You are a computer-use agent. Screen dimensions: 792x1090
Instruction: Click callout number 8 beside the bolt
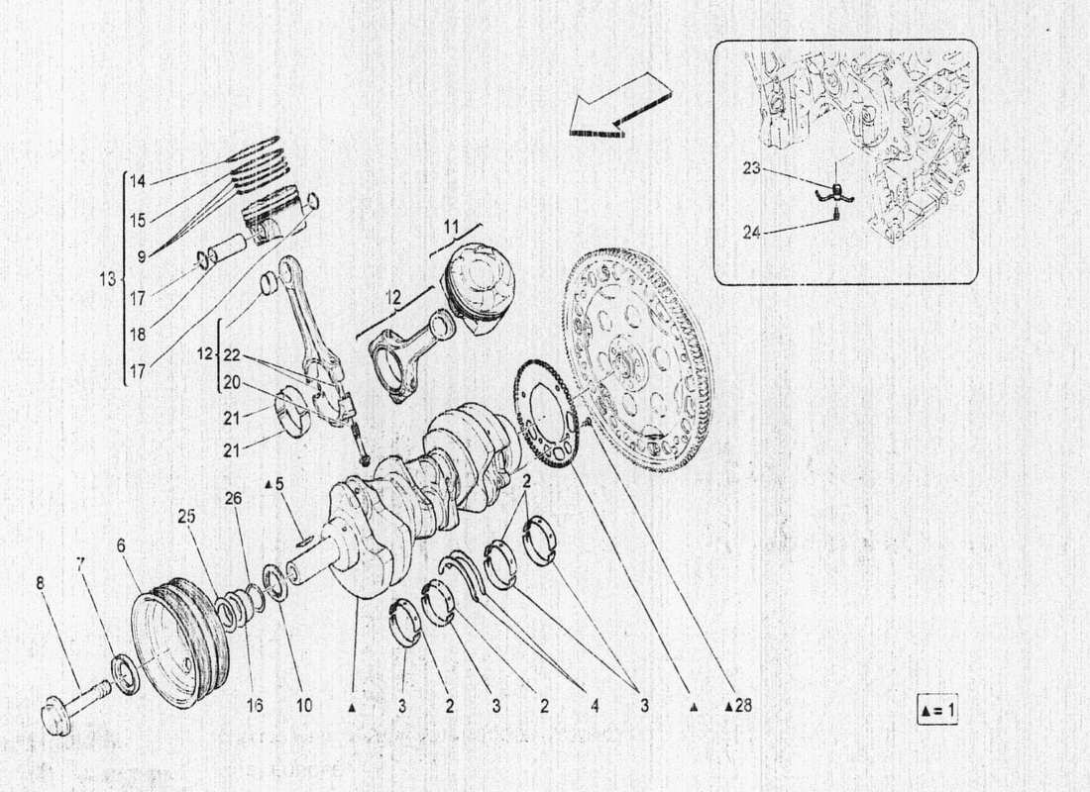40,583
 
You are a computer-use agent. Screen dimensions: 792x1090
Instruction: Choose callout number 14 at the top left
137,181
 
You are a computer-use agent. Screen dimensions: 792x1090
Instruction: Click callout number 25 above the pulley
186,516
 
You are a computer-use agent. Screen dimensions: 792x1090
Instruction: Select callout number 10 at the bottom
303,707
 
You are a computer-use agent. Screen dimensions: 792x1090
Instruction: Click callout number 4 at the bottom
594,707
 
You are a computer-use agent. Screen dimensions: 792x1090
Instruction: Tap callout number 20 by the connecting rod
232,382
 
